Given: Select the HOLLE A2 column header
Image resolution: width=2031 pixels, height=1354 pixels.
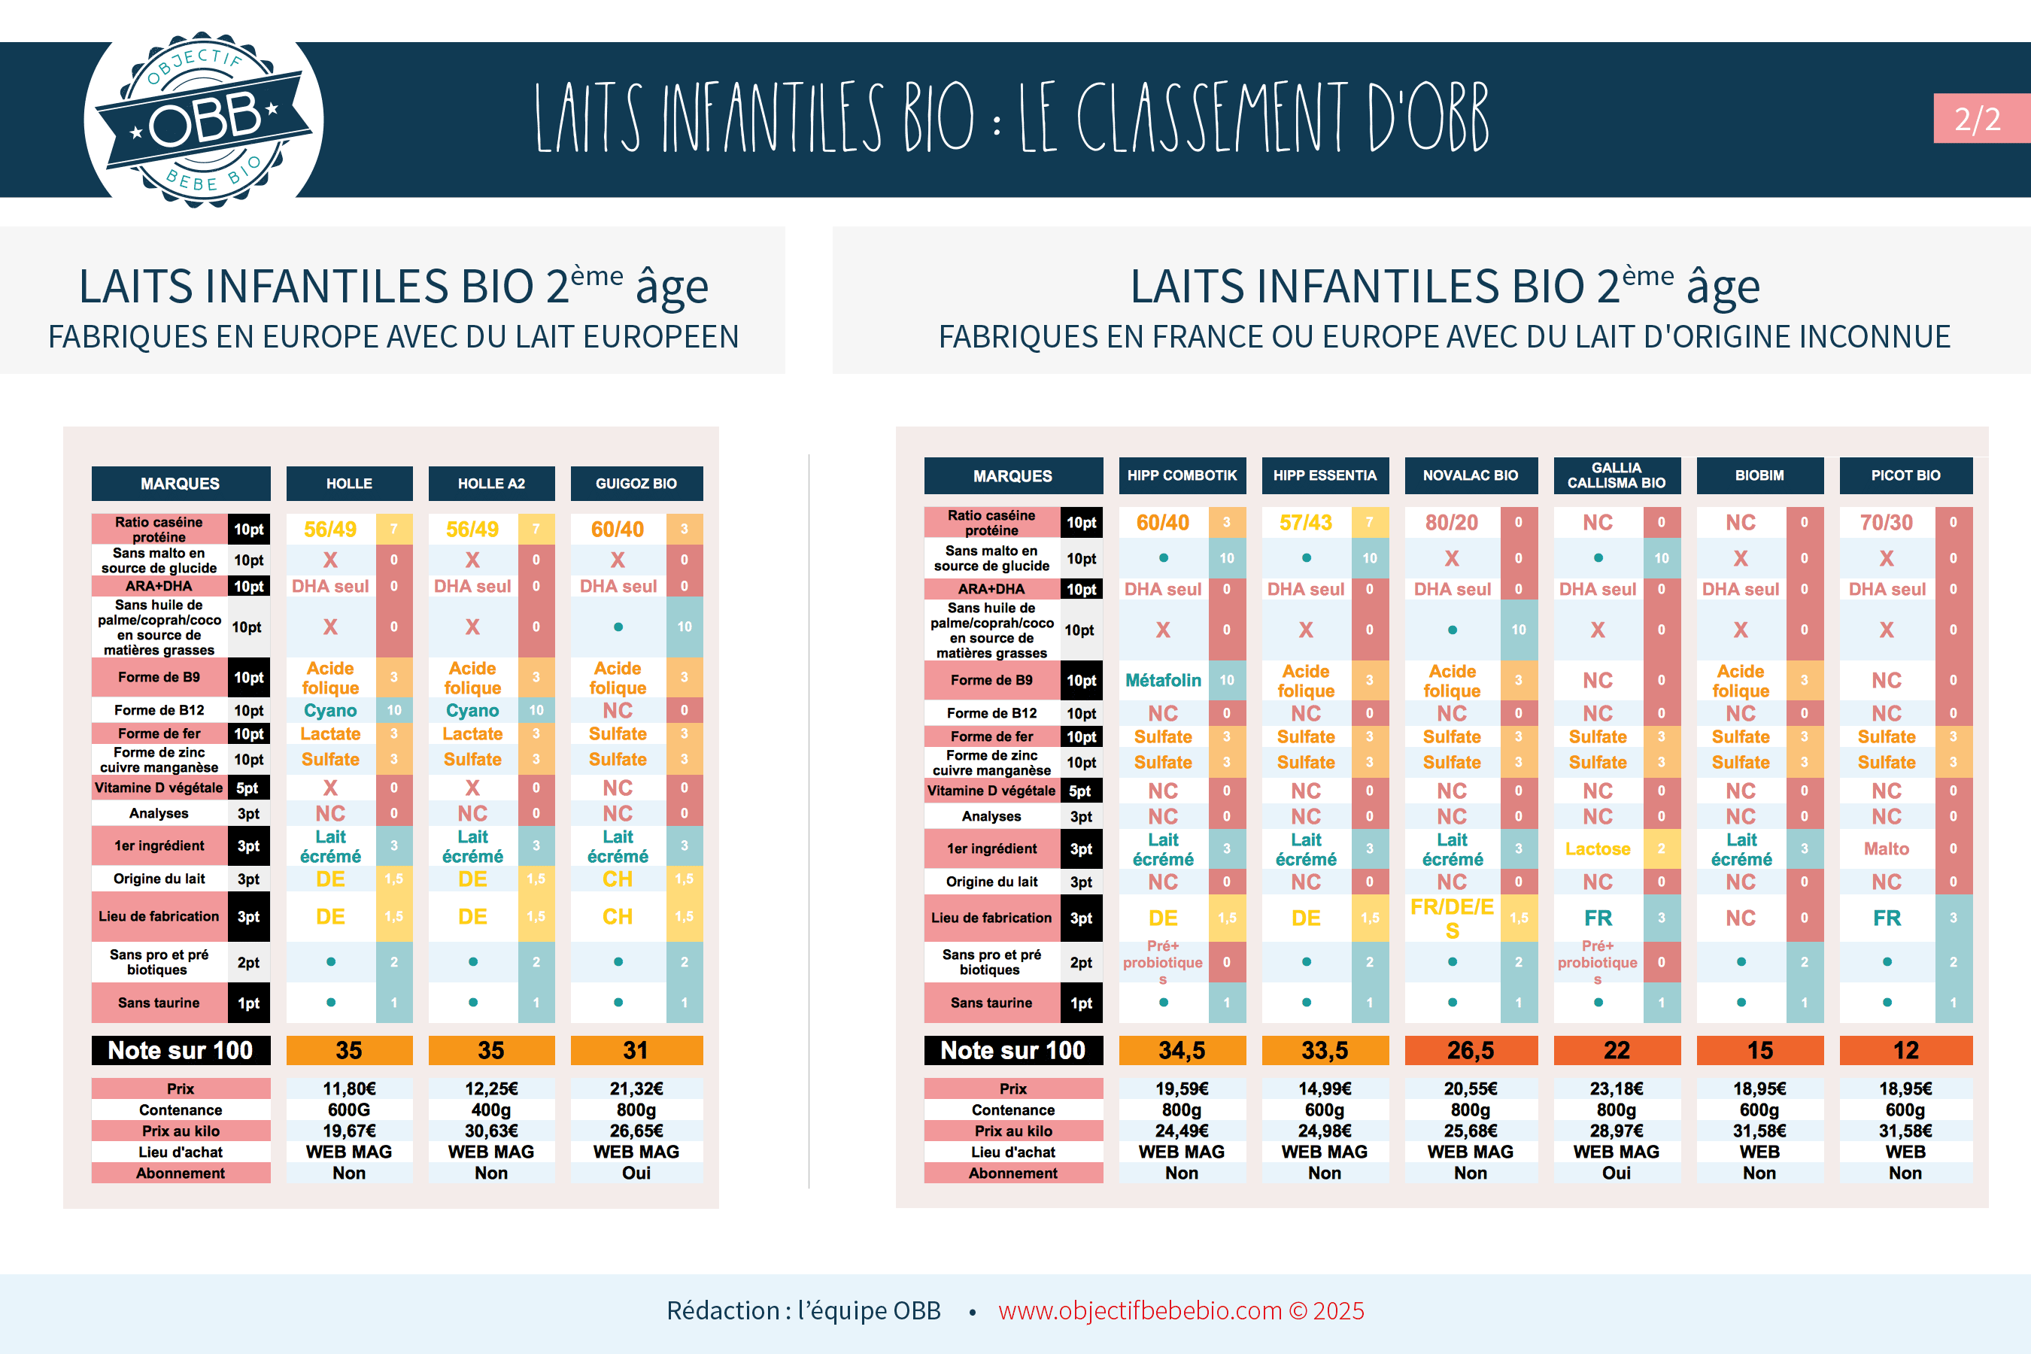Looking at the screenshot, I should point(491,484).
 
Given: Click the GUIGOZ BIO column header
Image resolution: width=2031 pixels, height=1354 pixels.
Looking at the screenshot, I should point(636,484).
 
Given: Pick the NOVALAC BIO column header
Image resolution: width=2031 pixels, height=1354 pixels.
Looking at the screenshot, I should point(1471,476).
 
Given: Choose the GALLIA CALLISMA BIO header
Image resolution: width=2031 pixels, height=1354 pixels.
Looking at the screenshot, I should point(1617,476).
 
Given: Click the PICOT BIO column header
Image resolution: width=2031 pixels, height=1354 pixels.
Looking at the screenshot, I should point(1906,476).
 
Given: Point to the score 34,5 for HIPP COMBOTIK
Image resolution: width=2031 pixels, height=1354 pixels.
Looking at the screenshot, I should point(1181,1050).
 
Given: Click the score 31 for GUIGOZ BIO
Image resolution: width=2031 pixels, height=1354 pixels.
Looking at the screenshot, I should point(636,1050).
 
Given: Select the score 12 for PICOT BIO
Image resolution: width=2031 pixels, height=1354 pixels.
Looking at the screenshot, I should point(1906,1050).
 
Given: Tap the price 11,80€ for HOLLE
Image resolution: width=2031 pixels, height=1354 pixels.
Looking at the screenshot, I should point(349,1089).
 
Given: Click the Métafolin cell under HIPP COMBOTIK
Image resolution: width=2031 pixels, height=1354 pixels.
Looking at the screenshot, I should point(1163,681).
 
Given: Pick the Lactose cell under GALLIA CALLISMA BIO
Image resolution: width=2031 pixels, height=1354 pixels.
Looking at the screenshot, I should point(1598,849).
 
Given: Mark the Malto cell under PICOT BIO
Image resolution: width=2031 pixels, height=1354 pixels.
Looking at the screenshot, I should point(1886,849).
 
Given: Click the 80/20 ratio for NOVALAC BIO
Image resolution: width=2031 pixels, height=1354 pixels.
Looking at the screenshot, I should point(1452,523).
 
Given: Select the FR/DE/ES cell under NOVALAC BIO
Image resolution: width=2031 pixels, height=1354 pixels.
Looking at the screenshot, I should point(1452,918).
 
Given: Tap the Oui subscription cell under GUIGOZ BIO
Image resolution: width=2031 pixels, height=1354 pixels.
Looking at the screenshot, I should point(636,1173).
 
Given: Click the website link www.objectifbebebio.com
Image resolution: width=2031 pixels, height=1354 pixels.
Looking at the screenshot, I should point(1140,1311).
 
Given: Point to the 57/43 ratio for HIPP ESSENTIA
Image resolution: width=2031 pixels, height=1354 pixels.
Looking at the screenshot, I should point(1306,523).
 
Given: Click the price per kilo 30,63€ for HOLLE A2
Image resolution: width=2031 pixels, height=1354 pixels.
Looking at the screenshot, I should point(491,1131).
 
